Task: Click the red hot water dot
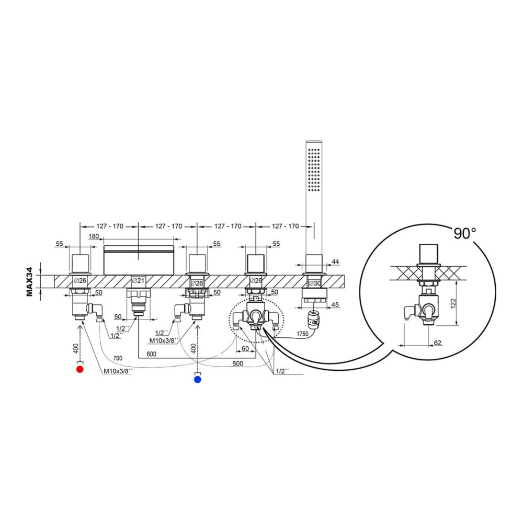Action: click(x=79, y=369)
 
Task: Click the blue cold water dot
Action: click(x=198, y=379)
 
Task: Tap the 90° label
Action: click(x=464, y=234)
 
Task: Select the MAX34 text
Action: click(x=29, y=282)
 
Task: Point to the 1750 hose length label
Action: click(x=302, y=334)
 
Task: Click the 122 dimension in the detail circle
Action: click(x=453, y=303)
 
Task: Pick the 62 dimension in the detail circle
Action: click(x=438, y=343)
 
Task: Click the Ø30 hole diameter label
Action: click(x=314, y=283)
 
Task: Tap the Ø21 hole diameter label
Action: click(x=138, y=281)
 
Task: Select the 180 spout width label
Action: click(x=94, y=236)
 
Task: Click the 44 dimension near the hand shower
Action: click(x=335, y=262)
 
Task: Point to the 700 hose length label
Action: click(x=118, y=358)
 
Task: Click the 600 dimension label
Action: click(x=152, y=354)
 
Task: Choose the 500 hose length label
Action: click(x=238, y=363)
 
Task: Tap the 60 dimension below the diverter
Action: click(x=245, y=349)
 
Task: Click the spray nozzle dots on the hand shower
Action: click(x=314, y=169)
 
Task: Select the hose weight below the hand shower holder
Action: click(x=313, y=318)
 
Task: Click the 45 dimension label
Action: click(x=335, y=304)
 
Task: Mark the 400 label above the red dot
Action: click(x=76, y=348)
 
